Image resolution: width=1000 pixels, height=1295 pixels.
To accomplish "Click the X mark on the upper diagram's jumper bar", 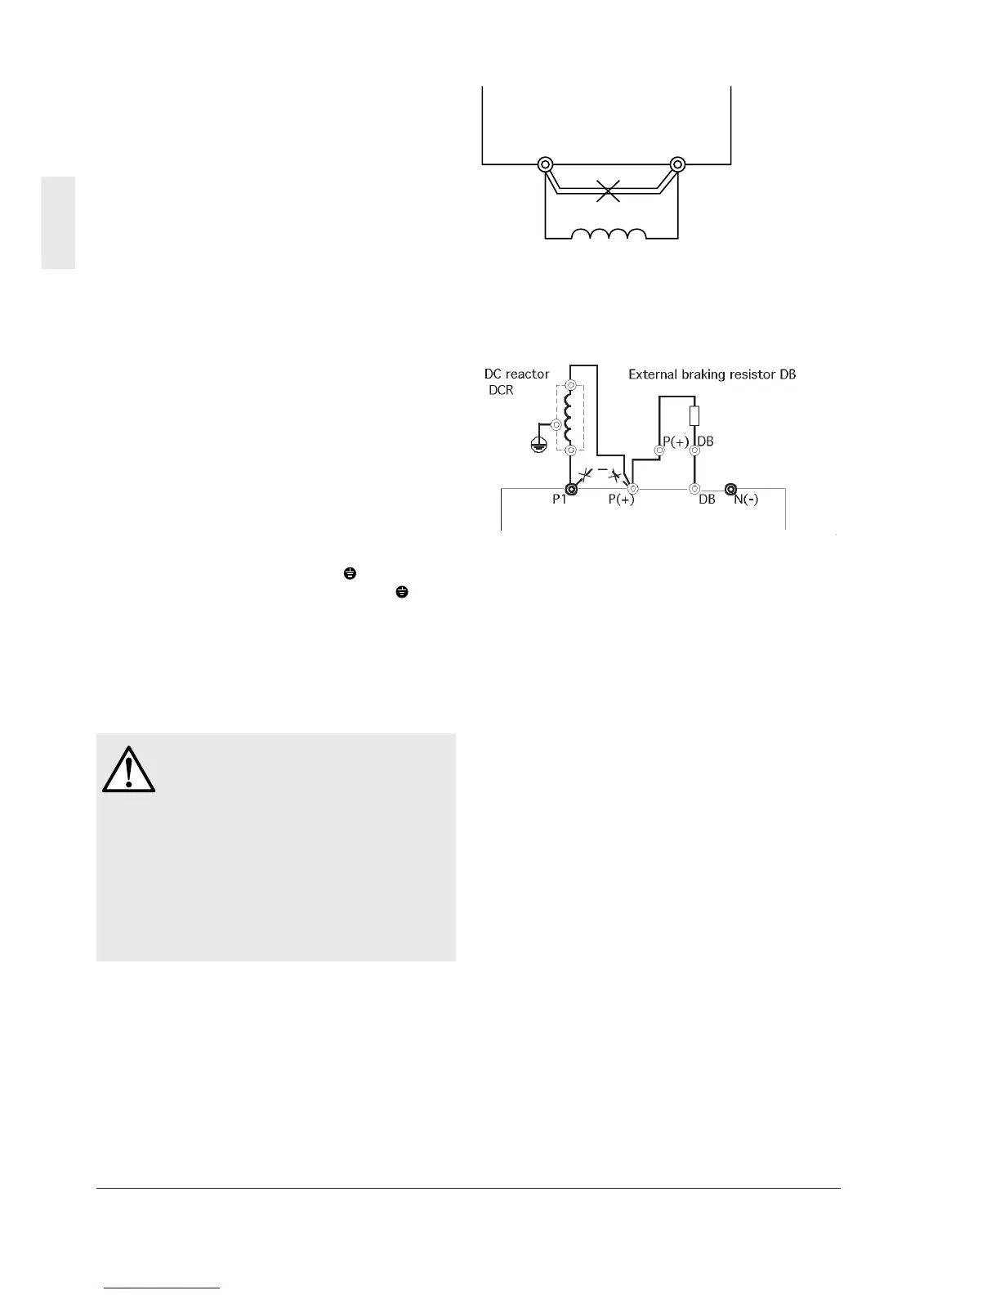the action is (609, 190).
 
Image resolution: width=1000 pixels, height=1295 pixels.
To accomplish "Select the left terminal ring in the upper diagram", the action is (545, 164).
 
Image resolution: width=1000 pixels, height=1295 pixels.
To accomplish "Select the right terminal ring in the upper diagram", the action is (676, 164).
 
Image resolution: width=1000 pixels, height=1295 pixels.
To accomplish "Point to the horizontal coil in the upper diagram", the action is (609, 235).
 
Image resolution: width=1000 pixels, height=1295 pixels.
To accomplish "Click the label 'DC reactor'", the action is (516, 374).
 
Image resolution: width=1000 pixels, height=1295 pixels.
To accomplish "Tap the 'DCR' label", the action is (501, 390).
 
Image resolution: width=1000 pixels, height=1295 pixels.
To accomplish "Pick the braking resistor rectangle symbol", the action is (694, 415).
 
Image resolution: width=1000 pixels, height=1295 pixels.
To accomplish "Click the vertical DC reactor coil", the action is (570, 417).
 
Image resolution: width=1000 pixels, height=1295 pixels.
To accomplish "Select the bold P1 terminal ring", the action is (572, 489).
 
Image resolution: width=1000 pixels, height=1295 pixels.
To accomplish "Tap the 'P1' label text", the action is (559, 500).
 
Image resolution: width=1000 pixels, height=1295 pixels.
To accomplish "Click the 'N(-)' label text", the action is (745, 500).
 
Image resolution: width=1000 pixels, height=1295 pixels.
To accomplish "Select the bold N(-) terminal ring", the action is (731, 489).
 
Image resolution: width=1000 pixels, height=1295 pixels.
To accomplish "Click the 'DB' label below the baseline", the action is (707, 500).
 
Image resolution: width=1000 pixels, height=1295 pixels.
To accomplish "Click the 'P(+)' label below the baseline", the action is (621, 500).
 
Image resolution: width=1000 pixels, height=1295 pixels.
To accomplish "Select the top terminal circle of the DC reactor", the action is (571, 385).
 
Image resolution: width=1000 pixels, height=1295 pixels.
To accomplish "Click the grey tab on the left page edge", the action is (59, 222).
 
